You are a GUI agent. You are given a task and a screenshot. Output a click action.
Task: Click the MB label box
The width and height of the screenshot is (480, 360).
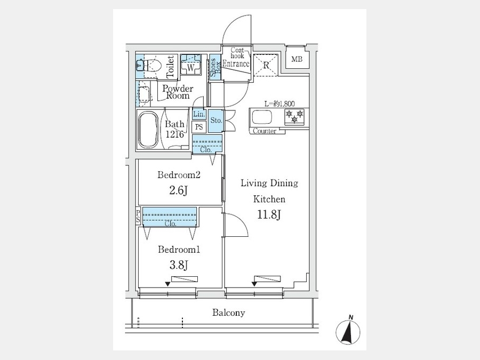pyautogui.click(x=297, y=59)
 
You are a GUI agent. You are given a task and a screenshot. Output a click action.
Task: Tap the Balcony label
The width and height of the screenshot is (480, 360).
pyautogui.click(x=229, y=313)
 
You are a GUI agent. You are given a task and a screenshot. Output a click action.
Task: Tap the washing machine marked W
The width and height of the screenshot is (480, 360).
pyautogui.click(x=190, y=67)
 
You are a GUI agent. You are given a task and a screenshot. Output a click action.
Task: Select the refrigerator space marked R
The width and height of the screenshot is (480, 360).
pyautogui.click(x=265, y=66)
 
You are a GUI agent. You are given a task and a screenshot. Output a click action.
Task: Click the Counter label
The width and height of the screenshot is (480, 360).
pyautogui.click(x=265, y=131)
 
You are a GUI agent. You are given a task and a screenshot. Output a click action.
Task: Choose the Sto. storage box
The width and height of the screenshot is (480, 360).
pyautogui.click(x=216, y=121)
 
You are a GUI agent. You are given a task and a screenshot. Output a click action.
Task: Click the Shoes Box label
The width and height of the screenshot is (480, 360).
pyautogui.click(x=214, y=68)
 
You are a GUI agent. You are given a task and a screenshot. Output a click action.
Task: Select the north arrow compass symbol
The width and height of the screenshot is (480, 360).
pyautogui.click(x=348, y=330)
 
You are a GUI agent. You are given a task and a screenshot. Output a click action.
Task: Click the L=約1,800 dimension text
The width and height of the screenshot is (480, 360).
pyautogui.click(x=280, y=104)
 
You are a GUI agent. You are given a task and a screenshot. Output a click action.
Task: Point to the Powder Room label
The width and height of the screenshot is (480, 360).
pyautogui.click(x=178, y=92)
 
